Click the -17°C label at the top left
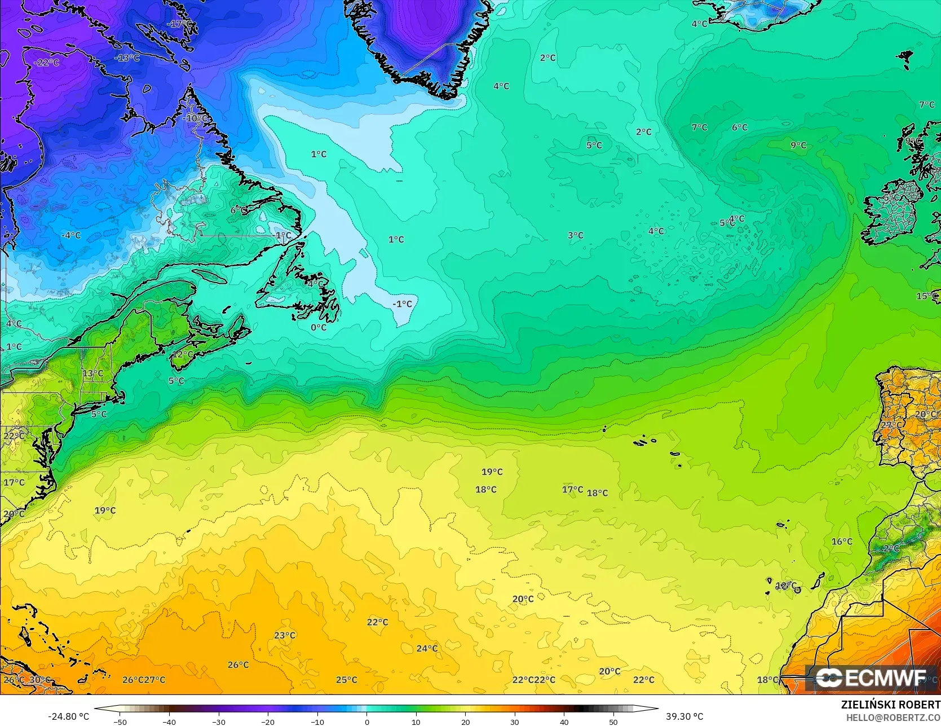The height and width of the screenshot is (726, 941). (179, 24)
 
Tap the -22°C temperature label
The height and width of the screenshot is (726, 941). (46, 63)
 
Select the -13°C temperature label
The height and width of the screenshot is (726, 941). (127, 58)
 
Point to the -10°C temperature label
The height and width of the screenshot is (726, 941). (195, 118)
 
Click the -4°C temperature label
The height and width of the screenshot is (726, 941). (71, 235)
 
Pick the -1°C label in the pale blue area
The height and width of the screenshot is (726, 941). (403, 304)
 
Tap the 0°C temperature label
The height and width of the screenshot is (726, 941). (319, 327)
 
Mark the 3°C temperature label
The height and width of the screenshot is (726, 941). (576, 235)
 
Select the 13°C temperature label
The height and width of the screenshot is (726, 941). (92, 373)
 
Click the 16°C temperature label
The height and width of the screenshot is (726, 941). (842, 542)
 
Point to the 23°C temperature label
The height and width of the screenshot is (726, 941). (285, 635)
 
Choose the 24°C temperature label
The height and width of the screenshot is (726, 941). (427, 649)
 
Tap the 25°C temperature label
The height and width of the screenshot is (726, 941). (347, 680)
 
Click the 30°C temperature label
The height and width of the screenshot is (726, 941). (40, 680)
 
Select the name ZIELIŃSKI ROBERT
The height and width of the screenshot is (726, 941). (890, 705)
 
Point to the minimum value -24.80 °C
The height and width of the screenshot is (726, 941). (69, 717)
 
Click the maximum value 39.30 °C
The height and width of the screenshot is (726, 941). (684, 717)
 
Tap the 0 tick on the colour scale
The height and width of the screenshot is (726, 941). (366, 722)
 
